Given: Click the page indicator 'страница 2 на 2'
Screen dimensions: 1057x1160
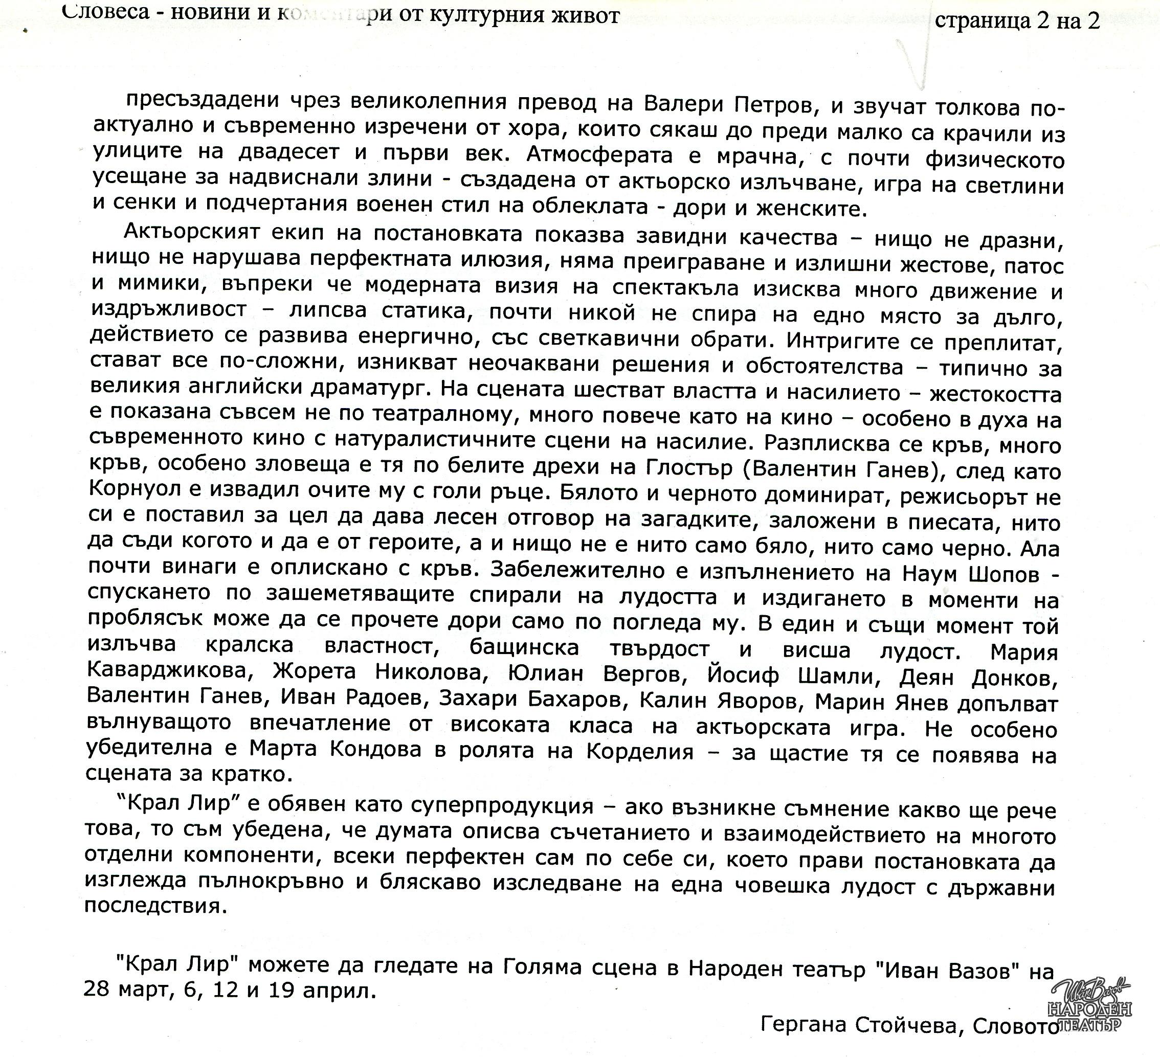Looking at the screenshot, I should point(1017,21).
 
